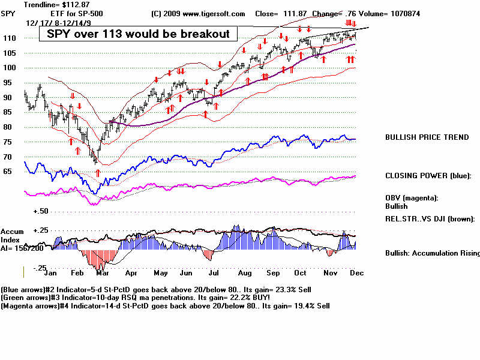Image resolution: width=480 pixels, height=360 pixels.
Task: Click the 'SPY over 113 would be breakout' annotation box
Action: [134, 34]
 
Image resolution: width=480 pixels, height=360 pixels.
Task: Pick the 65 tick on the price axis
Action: [8, 171]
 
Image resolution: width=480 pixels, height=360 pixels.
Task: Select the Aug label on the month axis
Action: [244, 271]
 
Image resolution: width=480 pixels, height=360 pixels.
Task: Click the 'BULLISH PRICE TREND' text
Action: [427, 137]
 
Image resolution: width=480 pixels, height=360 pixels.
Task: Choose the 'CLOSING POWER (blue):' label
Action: [428, 176]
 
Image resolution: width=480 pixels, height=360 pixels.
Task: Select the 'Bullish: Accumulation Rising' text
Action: [432, 253]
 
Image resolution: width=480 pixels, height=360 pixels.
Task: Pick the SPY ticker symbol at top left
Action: [8, 13]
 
